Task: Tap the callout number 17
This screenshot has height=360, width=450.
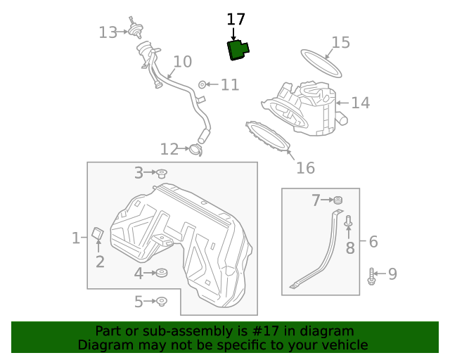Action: (x=236, y=20)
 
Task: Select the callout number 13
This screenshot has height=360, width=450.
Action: (x=108, y=32)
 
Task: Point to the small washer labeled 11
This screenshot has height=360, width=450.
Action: (x=202, y=85)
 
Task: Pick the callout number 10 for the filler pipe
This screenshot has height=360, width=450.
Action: (x=182, y=62)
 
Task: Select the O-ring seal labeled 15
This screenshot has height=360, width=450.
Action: (x=321, y=63)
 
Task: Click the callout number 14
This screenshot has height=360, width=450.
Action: (x=360, y=103)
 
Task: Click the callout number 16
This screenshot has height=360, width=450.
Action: (x=305, y=168)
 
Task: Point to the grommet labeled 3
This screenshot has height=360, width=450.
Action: (x=161, y=173)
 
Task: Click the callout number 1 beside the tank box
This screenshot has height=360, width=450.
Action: (x=76, y=238)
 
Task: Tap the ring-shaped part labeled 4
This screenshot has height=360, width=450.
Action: (x=161, y=273)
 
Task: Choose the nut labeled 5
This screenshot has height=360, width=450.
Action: (x=161, y=302)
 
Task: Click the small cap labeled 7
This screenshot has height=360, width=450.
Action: (x=337, y=201)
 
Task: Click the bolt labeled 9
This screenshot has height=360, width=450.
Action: (x=371, y=276)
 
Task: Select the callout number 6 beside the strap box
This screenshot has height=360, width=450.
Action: (x=373, y=242)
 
